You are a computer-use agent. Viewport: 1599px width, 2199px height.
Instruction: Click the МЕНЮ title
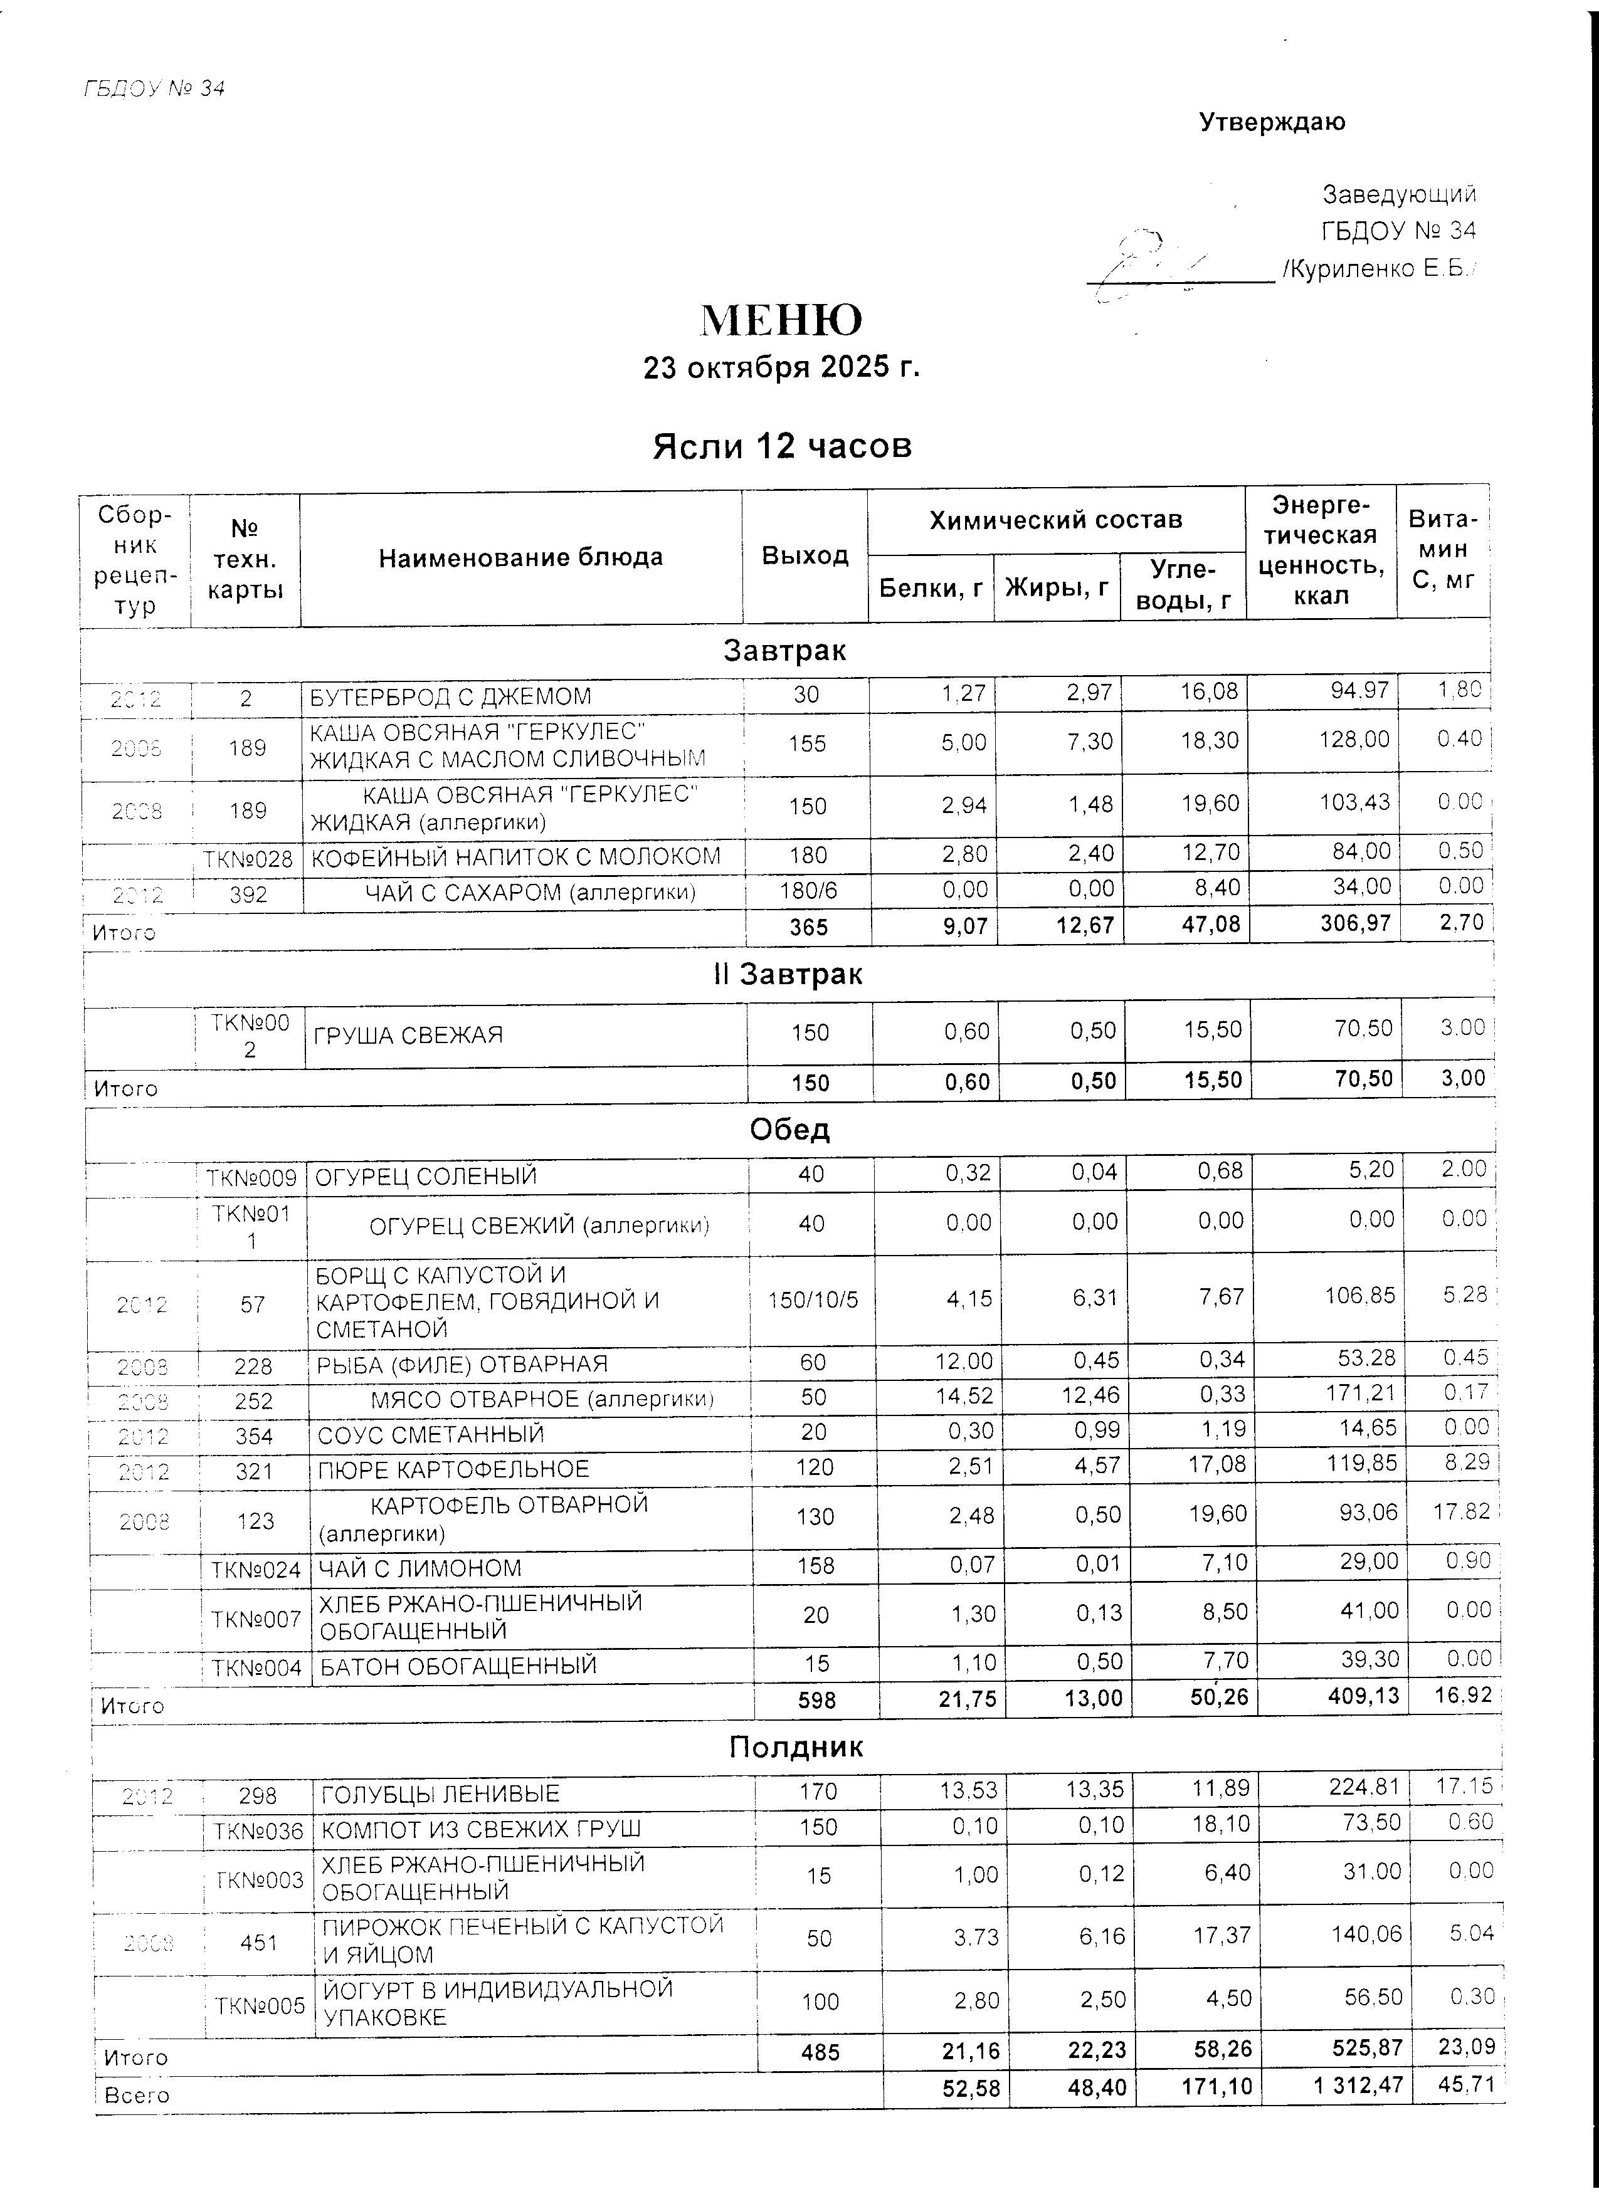(x=781, y=319)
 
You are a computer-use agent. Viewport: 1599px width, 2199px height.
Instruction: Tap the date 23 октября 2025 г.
(x=781, y=367)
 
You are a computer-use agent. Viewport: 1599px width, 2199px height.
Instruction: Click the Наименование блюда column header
(x=520, y=557)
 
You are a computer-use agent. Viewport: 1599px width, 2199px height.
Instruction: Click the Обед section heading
(x=789, y=1130)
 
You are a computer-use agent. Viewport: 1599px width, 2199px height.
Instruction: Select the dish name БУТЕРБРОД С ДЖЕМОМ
(x=450, y=697)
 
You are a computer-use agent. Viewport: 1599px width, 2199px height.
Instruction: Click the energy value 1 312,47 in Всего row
(x=1358, y=2084)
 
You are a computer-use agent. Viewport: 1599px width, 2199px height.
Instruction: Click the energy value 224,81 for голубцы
(x=1365, y=1787)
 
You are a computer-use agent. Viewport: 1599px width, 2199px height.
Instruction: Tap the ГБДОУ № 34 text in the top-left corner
(x=154, y=88)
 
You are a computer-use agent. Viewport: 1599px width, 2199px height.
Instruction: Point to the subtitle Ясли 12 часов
(x=781, y=446)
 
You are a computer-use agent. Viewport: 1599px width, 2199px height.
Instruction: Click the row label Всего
(x=137, y=2094)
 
